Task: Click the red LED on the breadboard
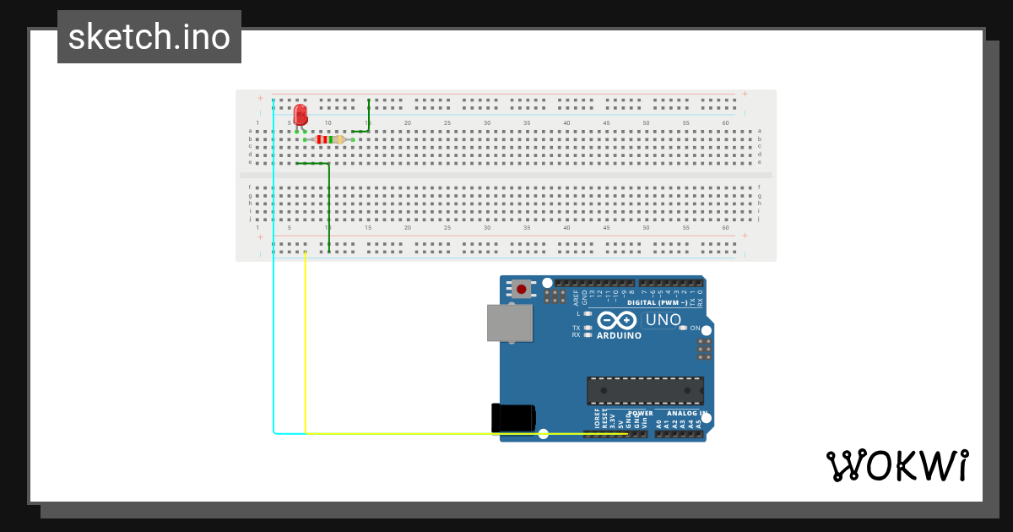pyautogui.click(x=300, y=115)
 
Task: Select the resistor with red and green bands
pyautogui.click(x=328, y=139)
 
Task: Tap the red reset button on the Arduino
pyautogui.click(x=522, y=289)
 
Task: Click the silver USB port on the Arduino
pyautogui.click(x=509, y=323)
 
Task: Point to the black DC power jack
pyautogui.click(x=512, y=418)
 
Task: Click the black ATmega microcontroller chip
pyautogui.click(x=645, y=391)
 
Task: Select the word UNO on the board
pyautogui.click(x=663, y=320)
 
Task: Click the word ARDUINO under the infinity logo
pyautogui.click(x=619, y=335)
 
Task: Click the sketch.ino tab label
pyautogui.click(x=149, y=37)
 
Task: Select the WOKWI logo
pyautogui.click(x=897, y=466)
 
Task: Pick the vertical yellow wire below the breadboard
pyautogui.click(x=305, y=346)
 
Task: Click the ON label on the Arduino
pyautogui.click(x=695, y=328)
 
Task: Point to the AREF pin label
pyautogui.click(x=577, y=296)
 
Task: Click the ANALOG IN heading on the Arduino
pyautogui.click(x=685, y=414)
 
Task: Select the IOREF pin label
pyautogui.click(x=597, y=420)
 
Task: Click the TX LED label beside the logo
pyautogui.click(x=577, y=328)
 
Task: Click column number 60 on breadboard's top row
pyautogui.click(x=725, y=123)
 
